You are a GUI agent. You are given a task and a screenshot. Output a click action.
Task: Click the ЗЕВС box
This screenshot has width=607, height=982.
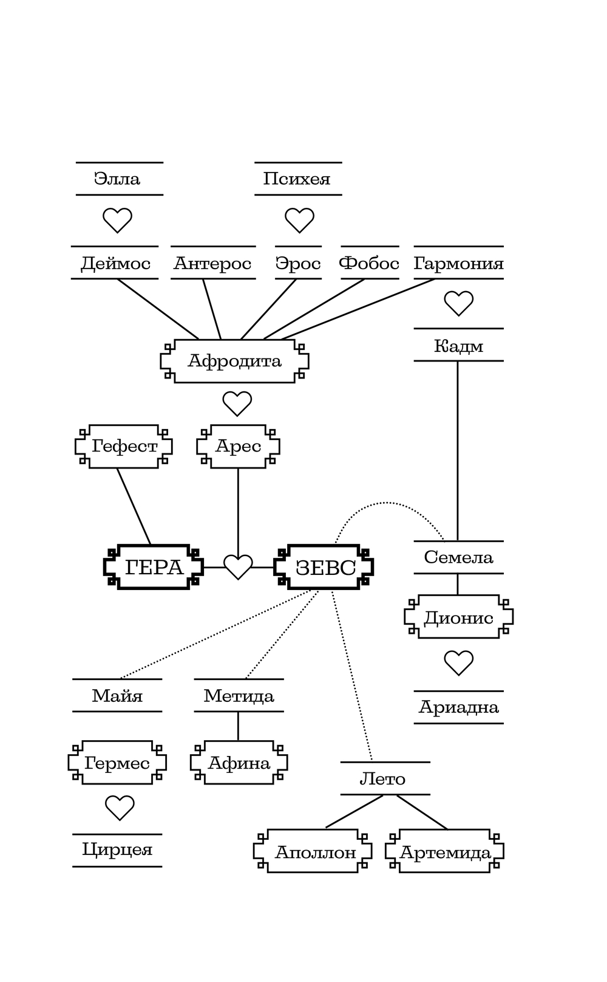(324, 568)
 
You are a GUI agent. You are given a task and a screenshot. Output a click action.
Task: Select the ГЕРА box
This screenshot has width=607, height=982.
(154, 568)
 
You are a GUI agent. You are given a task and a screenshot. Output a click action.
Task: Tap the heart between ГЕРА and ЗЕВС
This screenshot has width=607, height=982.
(238, 567)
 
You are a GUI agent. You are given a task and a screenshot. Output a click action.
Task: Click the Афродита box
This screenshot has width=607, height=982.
(234, 361)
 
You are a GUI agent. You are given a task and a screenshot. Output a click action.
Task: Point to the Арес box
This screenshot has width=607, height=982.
(238, 447)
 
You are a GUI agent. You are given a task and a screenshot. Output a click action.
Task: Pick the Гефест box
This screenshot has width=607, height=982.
(124, 447)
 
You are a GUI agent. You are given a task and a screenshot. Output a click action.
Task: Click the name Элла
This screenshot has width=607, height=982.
(117, 179)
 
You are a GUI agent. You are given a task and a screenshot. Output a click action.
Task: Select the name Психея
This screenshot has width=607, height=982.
(297, 179)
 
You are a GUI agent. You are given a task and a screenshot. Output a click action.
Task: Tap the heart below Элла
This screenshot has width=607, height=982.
(117, 220)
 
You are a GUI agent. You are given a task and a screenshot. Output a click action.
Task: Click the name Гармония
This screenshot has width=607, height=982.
(458, 263)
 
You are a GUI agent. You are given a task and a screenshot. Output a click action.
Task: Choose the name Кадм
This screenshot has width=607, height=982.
(458, 346)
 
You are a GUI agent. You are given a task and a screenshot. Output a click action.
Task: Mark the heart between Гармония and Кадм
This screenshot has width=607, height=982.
(458, 303)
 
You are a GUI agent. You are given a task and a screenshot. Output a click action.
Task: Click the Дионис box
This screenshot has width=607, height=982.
(458, 617)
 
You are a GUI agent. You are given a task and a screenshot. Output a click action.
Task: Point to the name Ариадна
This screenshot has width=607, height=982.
(458, 707)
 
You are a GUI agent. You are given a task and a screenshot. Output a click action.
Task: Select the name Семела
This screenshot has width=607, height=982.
(458, 557)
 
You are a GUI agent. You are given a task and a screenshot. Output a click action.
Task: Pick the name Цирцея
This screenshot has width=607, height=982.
(117, 850)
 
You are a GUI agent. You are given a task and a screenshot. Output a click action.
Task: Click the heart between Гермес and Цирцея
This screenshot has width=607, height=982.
(120, 808)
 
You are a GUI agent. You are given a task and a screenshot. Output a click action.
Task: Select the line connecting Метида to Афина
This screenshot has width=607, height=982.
(238, 726)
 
